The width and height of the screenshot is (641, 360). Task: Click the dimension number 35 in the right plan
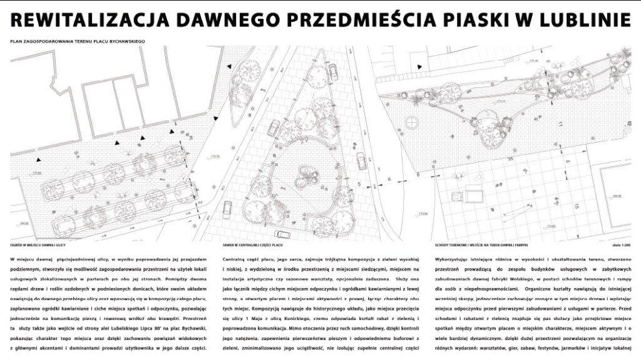[x=493, y=160]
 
